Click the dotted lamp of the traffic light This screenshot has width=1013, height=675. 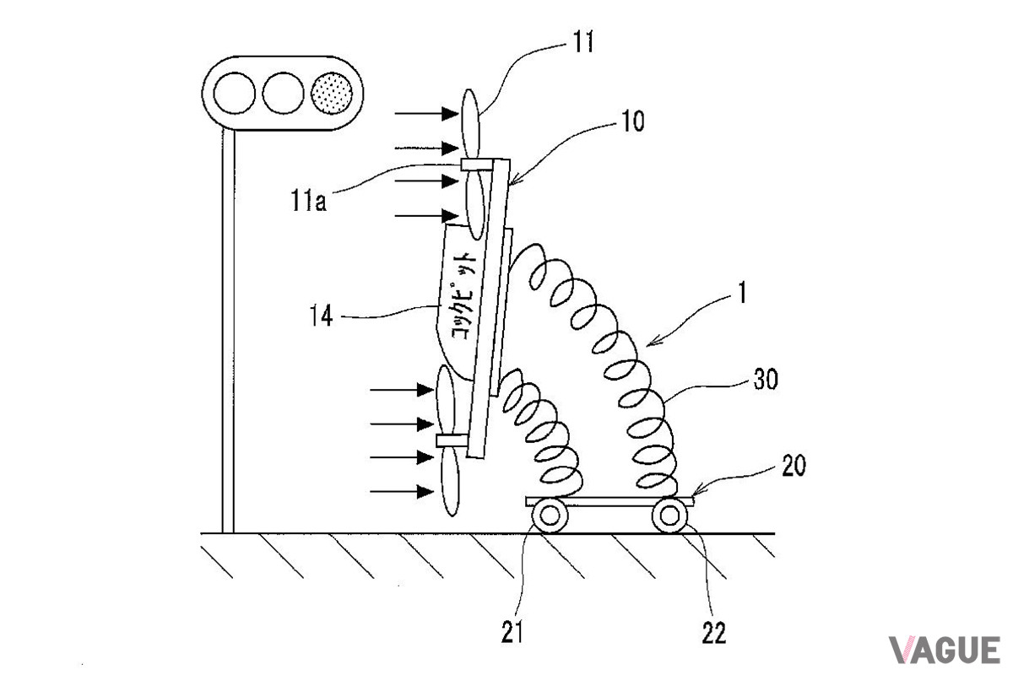[332, 93]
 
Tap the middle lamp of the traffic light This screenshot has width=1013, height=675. [283, 93]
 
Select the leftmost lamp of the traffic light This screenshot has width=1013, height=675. [234, 93]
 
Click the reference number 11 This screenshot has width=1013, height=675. [583, 42]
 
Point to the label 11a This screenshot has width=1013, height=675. [308, 200]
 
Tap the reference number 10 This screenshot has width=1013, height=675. [633, 121]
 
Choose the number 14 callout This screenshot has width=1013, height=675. [321, 315]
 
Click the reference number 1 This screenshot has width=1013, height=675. [741, 293]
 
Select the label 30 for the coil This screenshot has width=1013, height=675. [766, 380]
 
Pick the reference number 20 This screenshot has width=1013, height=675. [794, 465]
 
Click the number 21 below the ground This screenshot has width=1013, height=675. [512, 632]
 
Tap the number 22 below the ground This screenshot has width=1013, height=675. [714, 633]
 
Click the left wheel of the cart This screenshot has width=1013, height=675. [550, 515]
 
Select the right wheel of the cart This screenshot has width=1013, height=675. [669, 515]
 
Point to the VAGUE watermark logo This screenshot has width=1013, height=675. [945, 650]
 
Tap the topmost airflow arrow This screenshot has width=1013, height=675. [426, 113]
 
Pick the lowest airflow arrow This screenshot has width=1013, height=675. [402, 491]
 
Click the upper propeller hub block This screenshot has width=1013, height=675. [477, 165]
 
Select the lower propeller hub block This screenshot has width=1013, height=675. [452, 440]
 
